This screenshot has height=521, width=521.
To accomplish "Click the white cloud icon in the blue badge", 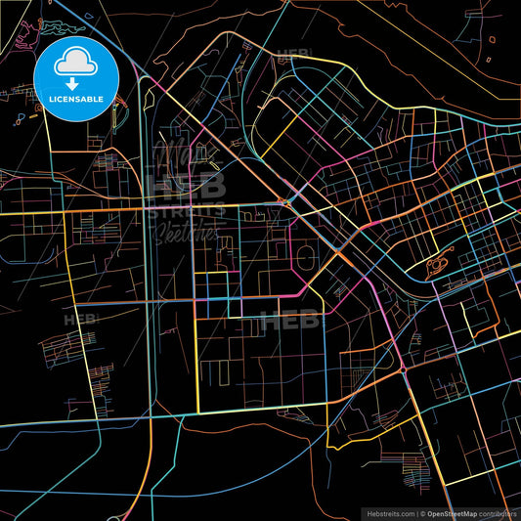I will tap(76, 64).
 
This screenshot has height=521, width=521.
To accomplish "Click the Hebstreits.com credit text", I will tap(388, 512).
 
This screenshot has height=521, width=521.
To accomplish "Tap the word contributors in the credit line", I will tap(499, 512).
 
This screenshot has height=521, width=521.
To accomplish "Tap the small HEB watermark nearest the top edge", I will tap(293, 56).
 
